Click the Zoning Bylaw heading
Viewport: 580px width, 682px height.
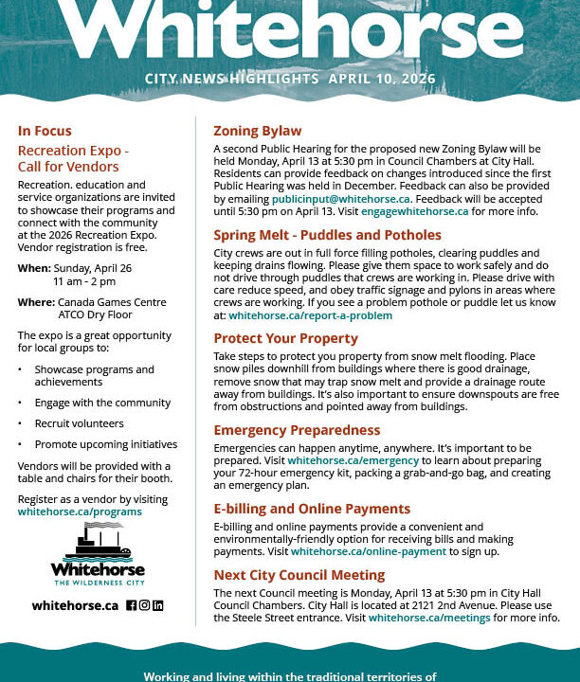point(258,131)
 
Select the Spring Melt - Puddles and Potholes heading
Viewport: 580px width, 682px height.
point(327,235)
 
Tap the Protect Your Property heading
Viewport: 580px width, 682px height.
point(285,338)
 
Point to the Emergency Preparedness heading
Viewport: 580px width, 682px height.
point(297,430)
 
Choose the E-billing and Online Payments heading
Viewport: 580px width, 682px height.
point(312,509)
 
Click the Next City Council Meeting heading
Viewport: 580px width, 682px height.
point(299,575)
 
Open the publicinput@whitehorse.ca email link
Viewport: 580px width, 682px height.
point(340,199)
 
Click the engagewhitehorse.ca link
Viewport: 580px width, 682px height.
point(414,211)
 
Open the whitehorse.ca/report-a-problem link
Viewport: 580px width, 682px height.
point(310,315)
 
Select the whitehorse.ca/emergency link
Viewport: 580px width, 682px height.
point(353,460)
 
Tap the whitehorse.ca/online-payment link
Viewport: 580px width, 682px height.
point(369,551)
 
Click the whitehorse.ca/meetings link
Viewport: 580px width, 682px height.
point(429,618)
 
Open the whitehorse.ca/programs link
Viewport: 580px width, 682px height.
point(80,511)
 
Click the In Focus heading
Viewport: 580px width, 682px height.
point(45,131)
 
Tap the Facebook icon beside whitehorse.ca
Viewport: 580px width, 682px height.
point(132,605)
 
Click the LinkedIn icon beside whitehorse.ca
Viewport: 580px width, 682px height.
point(158,605)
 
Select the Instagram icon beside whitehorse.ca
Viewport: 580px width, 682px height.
point(145,605)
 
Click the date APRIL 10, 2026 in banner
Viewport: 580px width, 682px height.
point(382,79)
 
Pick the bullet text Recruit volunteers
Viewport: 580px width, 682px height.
point(79,423)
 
